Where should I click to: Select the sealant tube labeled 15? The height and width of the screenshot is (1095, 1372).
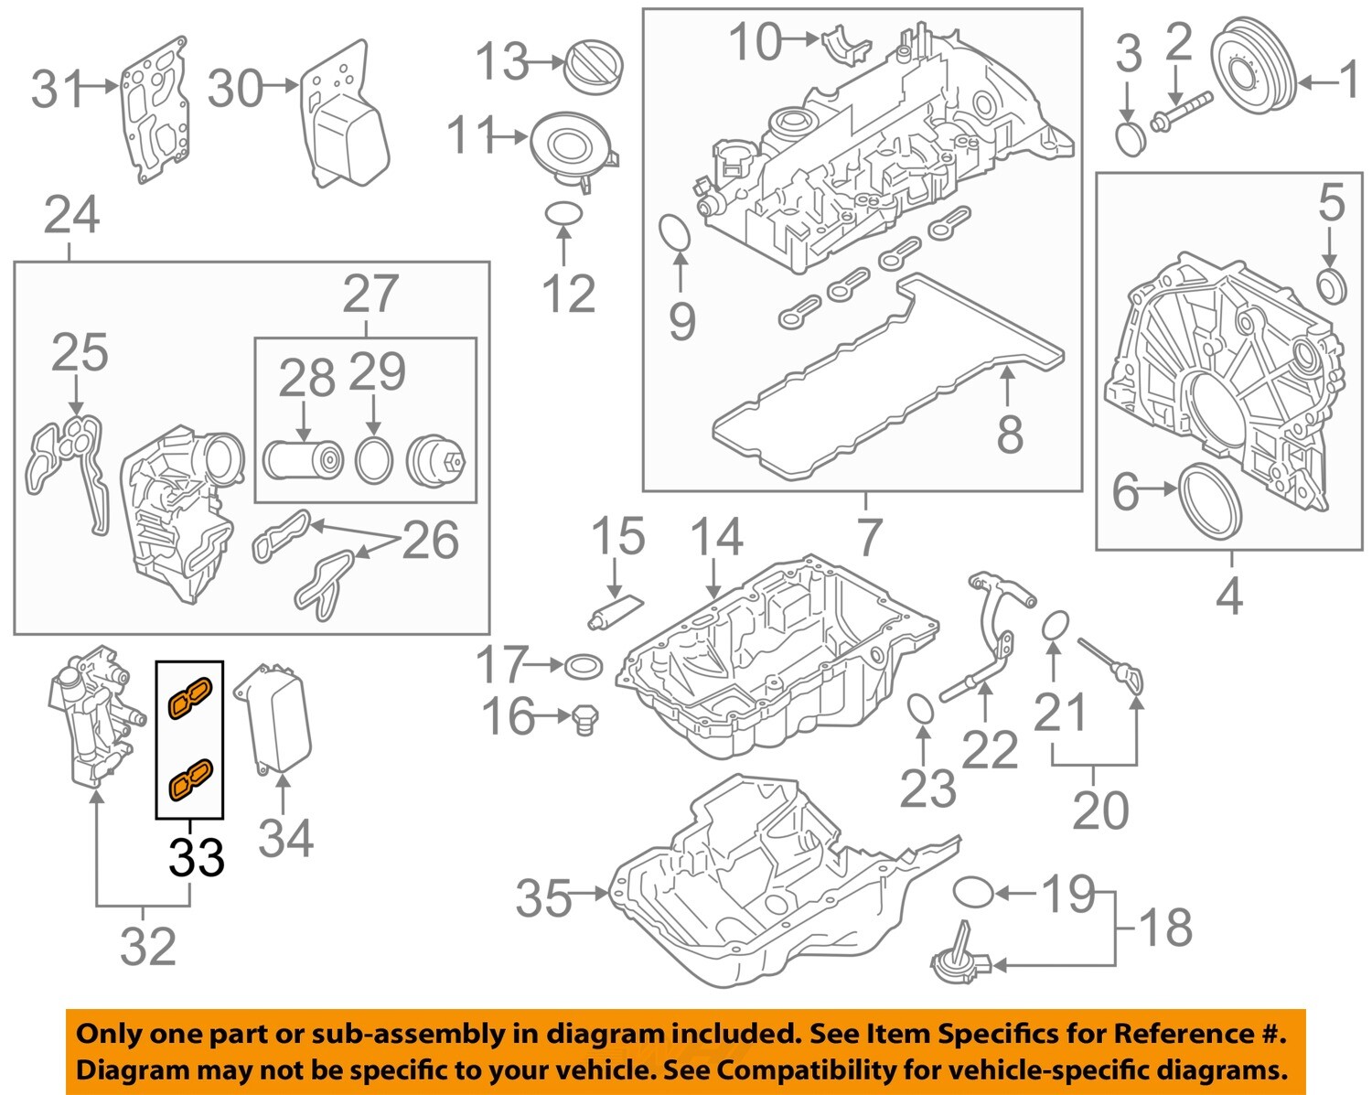615,611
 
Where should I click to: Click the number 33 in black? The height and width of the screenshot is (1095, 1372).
196,857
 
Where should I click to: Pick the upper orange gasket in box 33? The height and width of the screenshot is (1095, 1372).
189,697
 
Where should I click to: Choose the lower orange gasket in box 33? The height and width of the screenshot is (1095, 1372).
189,778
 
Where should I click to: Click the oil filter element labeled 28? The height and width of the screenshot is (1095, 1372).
302,460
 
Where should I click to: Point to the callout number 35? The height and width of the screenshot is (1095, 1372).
543,898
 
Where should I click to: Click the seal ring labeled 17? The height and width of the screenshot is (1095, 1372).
584,666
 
